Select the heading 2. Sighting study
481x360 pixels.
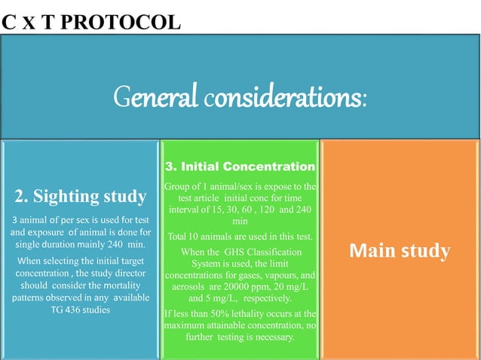[81, 197]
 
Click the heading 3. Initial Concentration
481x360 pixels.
[239, 166]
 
